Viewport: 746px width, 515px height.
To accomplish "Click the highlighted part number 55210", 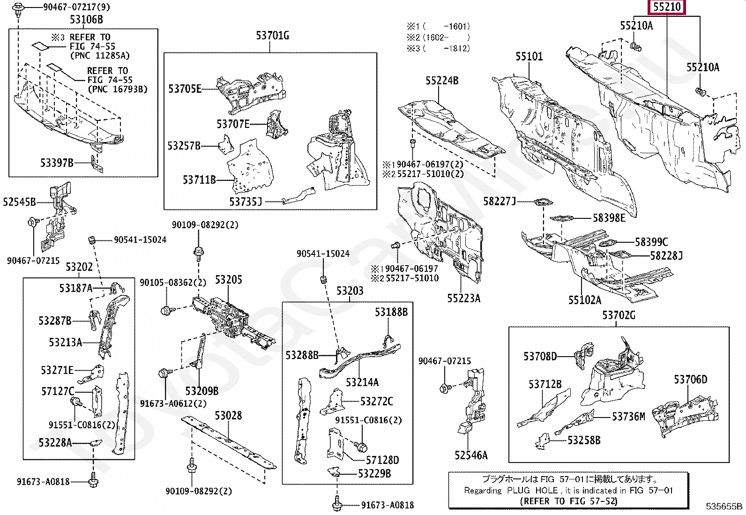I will (x=666, y=7).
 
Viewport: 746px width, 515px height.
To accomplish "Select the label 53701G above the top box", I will (x=272, y=35).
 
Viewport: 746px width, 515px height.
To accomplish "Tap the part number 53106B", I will (x=86, y=20).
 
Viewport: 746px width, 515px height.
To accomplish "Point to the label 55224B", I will (x=442, y=81).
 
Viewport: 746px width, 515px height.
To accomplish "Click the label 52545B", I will (x=19, y=202).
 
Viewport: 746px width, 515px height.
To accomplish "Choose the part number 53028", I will (x=228, y=416).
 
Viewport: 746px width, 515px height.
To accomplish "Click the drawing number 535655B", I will (x=724, y=506).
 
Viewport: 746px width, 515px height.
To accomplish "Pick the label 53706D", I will (x=690, y=380).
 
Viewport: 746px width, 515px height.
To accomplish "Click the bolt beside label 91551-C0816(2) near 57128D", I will (x=361, y=446).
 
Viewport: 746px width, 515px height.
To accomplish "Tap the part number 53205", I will (x=228, y=280).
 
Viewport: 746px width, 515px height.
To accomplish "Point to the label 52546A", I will (x=470, y=455).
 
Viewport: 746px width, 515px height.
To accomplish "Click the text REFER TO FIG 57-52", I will (x=568, y=501).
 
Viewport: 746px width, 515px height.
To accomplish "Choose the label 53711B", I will (x=199, y=179).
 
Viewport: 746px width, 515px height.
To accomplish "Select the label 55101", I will (x=529, y=56).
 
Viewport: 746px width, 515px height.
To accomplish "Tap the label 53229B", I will (x=374, y=474).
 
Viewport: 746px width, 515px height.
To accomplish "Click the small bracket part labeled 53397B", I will (x=96, y=164).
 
